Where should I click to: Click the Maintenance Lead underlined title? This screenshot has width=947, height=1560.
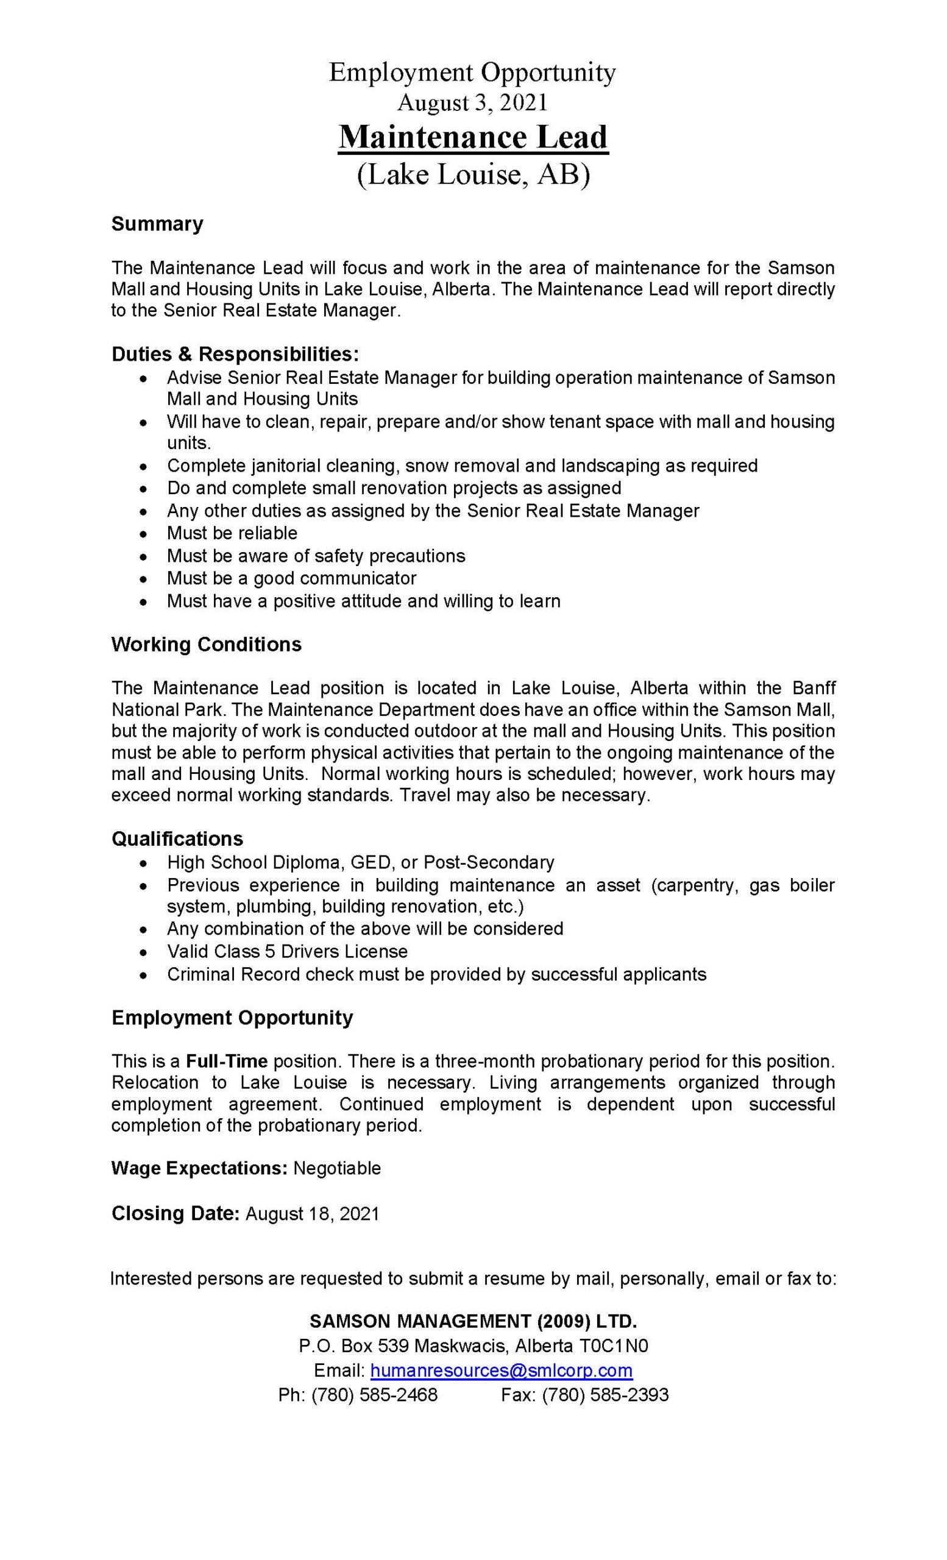(x=473, y=138)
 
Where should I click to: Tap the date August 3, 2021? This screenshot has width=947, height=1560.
(x=472, y=102)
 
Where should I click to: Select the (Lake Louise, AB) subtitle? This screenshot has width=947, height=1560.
(x=473, y=174)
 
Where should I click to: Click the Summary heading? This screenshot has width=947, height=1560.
(x=157, y=224)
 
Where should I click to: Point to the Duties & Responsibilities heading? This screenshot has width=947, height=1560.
(x=235, y=354)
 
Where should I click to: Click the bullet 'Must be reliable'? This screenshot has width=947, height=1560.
(x=232, y=533)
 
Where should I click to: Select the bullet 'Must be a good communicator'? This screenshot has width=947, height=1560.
(x=291, y=578)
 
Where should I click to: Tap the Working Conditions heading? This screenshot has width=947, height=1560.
(x=207, y=645)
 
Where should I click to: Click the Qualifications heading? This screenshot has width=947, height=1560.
(x=177, y=839)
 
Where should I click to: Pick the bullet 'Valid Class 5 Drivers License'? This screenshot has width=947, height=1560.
(x=287, y=951)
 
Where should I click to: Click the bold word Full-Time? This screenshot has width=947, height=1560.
(x=227, y=1060)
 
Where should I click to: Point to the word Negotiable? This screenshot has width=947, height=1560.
(x=337, y=1168)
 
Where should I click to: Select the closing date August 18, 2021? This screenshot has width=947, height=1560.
(x=312, y=1214)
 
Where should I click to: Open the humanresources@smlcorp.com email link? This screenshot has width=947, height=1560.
(x=502, y=1370)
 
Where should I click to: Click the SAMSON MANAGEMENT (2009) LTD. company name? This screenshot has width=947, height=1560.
(x=473, y=1321)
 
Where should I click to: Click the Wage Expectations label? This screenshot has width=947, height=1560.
(x=200, y=1168)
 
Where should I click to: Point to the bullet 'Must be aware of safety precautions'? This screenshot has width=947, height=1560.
(x=315, y=556)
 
